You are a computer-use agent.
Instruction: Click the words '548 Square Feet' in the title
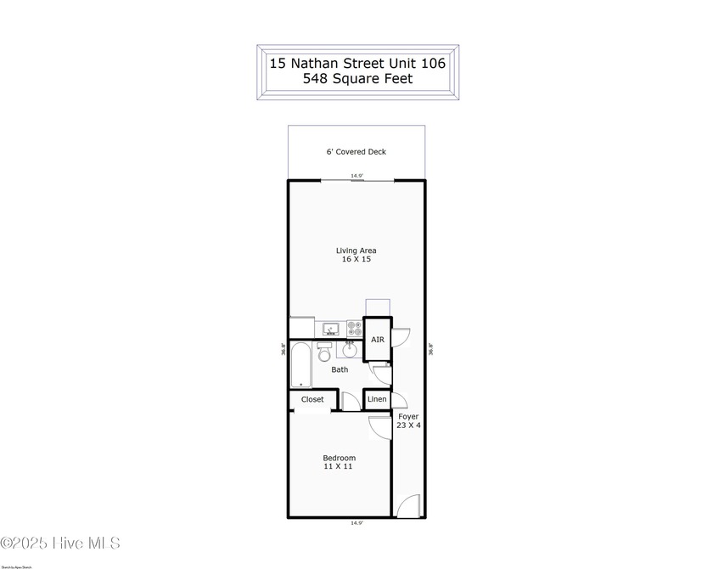tap(357, 79)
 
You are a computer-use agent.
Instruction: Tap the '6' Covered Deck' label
tap(356, 152)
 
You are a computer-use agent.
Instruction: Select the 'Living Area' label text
tap(356, 251)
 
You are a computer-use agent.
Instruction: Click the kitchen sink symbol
tap(331, 329)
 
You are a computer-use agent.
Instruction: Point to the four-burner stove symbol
tap(353, 329)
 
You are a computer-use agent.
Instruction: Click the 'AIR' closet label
tap(378, 340)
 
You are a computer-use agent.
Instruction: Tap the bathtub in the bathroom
tap(300, 366)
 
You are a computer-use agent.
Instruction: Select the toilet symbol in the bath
tap(324, 352)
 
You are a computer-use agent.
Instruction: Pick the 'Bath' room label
tap(340, 369)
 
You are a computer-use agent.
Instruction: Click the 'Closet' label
tap(312, 399)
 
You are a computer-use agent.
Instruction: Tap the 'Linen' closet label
tap(377, 399)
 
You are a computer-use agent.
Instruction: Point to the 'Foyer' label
tap(408, 417)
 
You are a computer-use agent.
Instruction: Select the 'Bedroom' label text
tap(340, 458)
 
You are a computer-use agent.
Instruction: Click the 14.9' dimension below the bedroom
tap(356, 524)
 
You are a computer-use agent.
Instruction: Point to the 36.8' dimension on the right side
tap(431, 347)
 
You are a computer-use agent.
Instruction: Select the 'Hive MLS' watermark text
tap(61, 544)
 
